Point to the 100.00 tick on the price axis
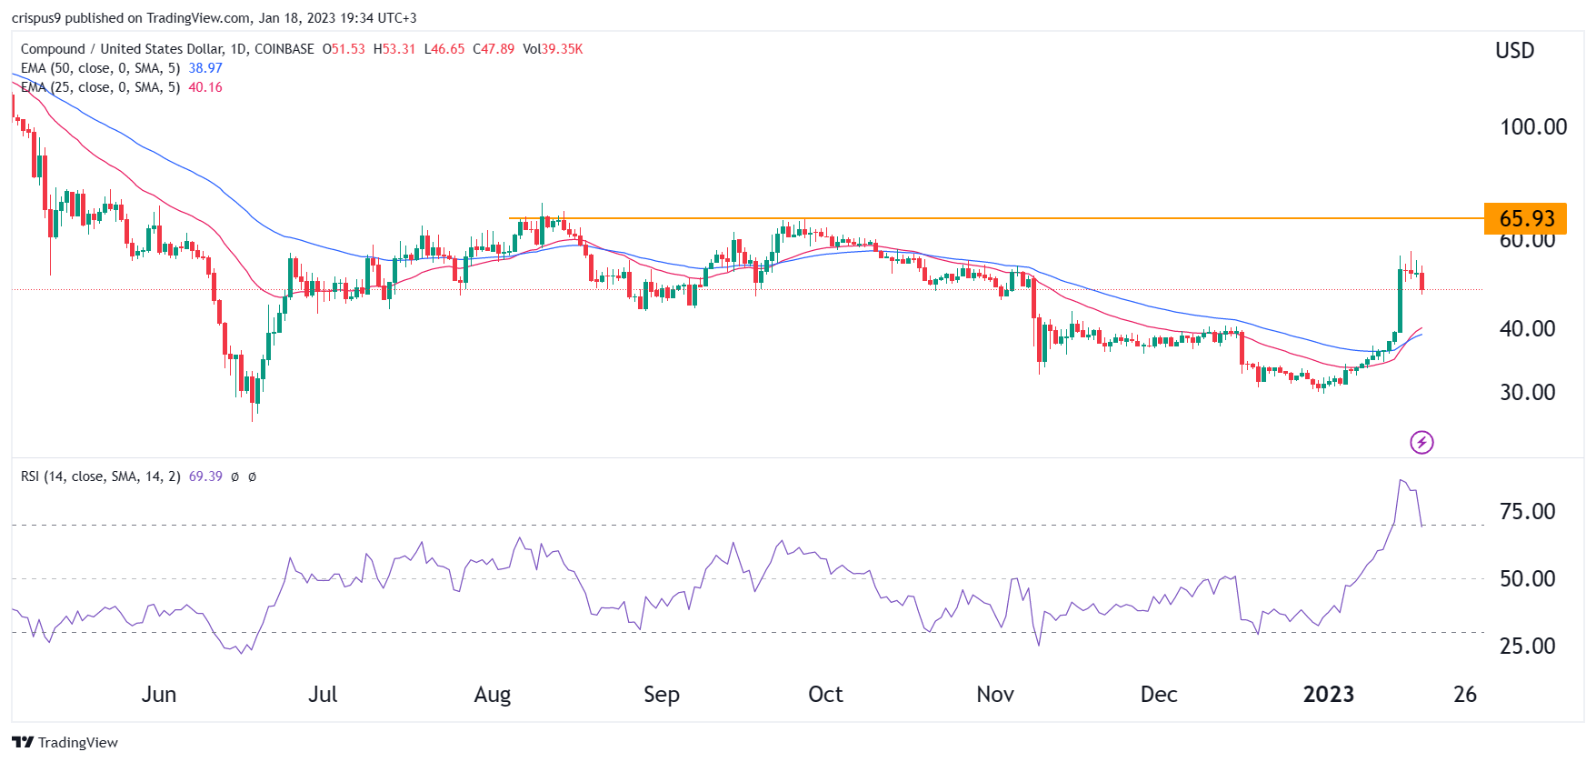point(1533,126)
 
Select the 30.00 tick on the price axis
point(1528,392)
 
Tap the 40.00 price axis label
point(1528,328)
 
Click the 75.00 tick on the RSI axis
point(1528,511)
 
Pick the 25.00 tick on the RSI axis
point(1528,646)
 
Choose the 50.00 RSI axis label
point(1528,578)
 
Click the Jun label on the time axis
point(159,695)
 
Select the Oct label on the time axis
point(825,695)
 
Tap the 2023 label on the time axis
point(1329,695)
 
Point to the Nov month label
point(995,695)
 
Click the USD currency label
point(1515,51)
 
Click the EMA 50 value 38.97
point(205,68)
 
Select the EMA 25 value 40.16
point(205,87)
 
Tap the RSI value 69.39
point(205,476)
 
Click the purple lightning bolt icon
point(1421,443)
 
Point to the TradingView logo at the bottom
point(65,742)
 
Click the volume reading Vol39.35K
point(553,49)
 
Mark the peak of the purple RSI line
point(1401,480)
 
